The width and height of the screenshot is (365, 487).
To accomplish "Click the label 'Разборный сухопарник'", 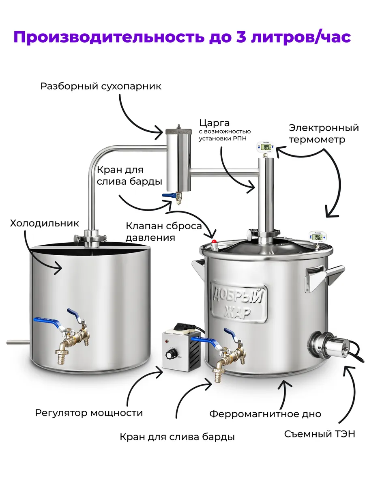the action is click(101, 86).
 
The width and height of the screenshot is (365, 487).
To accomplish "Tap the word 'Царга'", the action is click(214, 123).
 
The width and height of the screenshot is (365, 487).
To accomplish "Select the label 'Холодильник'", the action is click(45, 223).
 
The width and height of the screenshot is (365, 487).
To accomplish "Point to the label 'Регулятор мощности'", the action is click(89, 413).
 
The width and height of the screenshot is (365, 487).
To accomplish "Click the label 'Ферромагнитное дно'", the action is click(265, 414).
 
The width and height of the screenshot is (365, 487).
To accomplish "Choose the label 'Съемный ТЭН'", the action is click(320, 434).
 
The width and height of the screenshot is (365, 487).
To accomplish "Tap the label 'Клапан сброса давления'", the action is click(163, 231).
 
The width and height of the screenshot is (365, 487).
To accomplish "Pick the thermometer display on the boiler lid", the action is click(317, 237).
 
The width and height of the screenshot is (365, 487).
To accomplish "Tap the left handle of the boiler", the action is click(199, 268).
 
